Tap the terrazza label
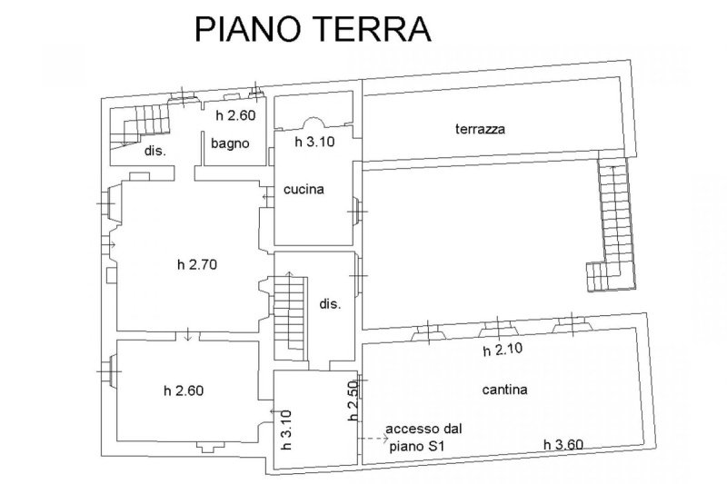pos(480,129)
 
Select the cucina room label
pos(304,189)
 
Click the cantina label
pos(506,390)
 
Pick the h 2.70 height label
pos(198,265)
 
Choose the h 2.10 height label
pos(502,351)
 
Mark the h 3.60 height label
pos(563,444)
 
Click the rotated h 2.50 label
pos(354,400)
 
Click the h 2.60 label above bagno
pos(235,115)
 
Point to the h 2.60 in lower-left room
pos(184,391)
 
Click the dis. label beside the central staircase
pos(330,305)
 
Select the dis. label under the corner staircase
pos(154,151)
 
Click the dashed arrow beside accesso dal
pos(369,439)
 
